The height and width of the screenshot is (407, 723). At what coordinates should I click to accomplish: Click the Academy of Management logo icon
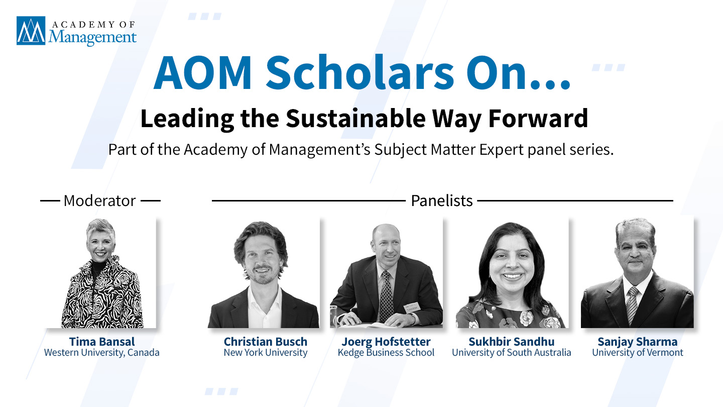click(31, 31)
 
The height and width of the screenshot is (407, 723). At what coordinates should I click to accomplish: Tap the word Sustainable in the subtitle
click(355, 118)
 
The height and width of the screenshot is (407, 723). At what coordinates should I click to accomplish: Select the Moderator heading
click(100, 200)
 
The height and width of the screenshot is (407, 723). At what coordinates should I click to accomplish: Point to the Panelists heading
click(441, 200)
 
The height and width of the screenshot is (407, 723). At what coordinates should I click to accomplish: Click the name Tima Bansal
click(102, 342)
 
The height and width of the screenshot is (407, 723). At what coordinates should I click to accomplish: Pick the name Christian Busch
click(265, 342)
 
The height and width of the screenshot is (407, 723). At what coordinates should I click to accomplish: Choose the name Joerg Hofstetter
click(386, 342)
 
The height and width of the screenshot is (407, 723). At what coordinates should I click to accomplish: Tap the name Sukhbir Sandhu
click(512, 342)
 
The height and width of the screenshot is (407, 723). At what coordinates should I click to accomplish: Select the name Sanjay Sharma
click(638, 342)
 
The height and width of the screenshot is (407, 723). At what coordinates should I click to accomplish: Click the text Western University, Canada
click(101, 352)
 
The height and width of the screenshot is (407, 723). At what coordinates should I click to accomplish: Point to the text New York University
click(265, 352)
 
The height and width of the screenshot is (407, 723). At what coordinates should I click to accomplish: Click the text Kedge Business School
click(386, 352)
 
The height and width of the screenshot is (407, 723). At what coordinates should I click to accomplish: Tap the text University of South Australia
click(512, 352)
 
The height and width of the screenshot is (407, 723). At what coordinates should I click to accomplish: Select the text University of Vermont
click(638, 352)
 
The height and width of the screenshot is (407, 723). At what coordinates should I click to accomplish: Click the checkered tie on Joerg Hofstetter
click(386, 296)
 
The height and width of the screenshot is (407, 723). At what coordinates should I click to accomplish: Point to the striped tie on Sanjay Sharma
click(632, 303)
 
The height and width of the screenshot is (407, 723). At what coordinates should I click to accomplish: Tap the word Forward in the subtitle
click(538, 118)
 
